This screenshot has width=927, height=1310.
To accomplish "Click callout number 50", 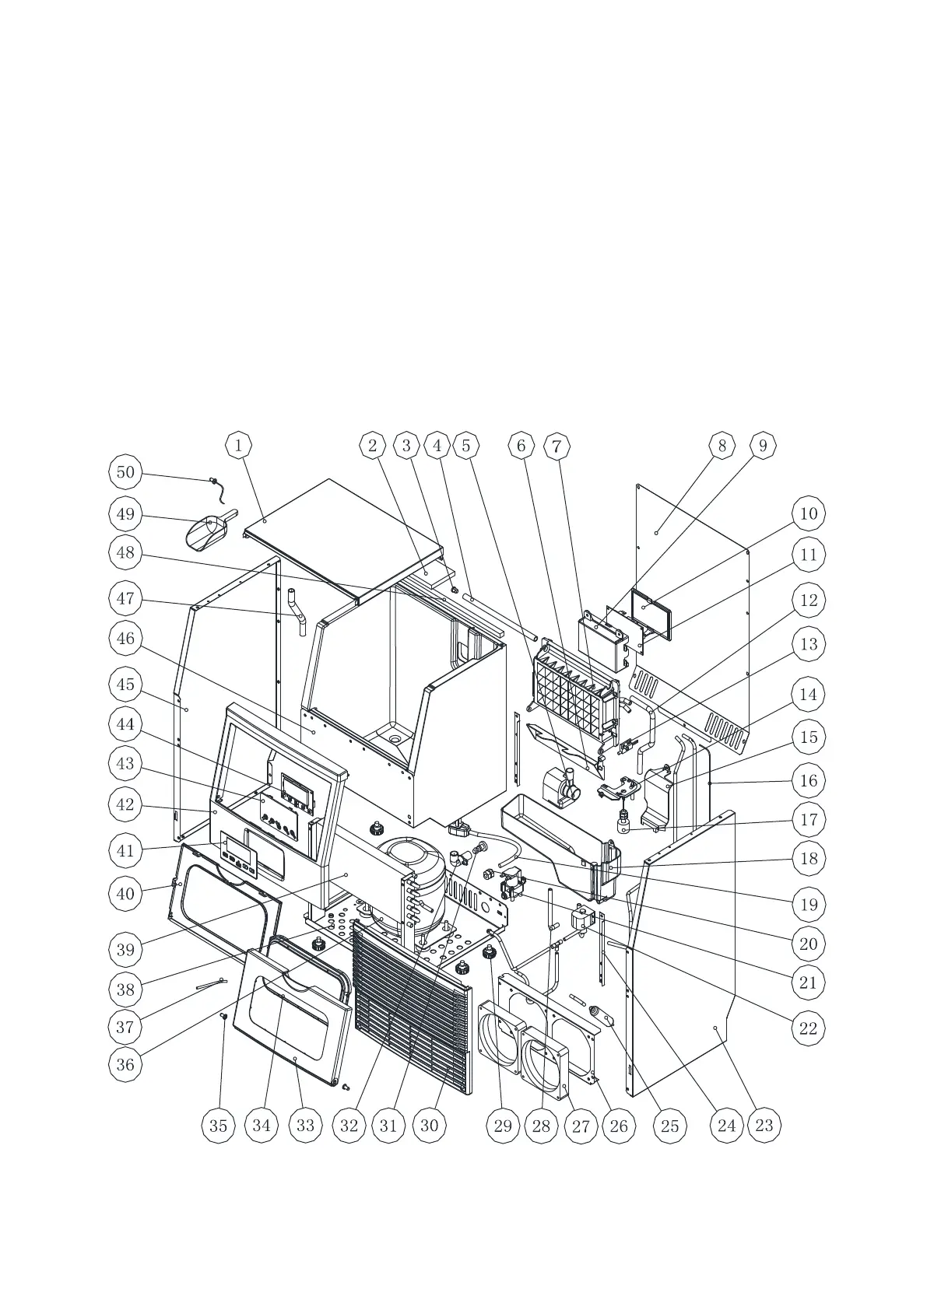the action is (x=125, y=471).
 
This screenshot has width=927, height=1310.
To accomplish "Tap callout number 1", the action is (x=239, y=446).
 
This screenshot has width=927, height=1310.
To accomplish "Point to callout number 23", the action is (x=764, y=1125).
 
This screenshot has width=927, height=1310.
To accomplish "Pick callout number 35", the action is (x=219, y=1126).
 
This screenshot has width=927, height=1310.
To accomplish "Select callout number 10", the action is (x=809, y=513).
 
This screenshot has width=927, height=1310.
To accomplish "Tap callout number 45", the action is (x=125, y=685).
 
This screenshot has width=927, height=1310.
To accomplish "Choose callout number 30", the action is (x=430, y=1126).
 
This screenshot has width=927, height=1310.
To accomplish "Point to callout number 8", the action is (x=722, y=446).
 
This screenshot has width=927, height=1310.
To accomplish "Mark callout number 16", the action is (x=809, y=780).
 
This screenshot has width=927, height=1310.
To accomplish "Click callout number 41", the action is (x=125, y=850).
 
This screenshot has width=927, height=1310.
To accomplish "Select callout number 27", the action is (x=581, y=1126).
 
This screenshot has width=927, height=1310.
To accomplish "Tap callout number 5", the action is (x=466, y=446).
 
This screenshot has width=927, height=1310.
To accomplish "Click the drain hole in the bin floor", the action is (x=396, y=737).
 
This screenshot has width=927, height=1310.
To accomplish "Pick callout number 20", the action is (x=809, y=944).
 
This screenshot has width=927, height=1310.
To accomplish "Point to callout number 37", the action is (x=125, y=1027).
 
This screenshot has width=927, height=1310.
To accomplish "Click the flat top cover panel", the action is (x=342, y=537).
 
